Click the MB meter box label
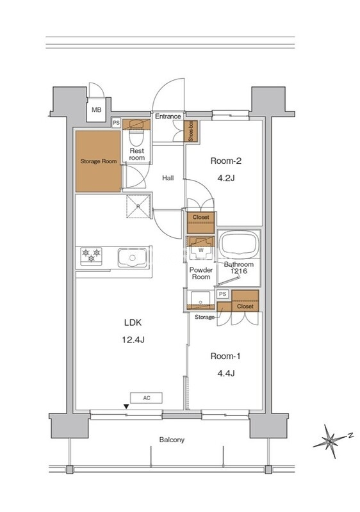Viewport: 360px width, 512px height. click(96, 109)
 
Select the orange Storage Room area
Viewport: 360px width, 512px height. click(98, 161)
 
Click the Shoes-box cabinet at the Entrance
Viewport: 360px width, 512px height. click(191, 131)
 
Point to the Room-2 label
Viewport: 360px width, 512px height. click(225, 161)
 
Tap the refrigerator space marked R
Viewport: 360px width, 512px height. click(138, 206)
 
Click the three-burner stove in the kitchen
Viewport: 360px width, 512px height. click(91, 255)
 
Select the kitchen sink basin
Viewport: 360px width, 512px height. click(131, 258)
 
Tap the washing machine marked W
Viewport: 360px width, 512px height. click(200, 250)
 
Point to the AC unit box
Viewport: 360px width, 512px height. click(146, 398)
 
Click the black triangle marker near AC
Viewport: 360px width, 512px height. click(126, 406)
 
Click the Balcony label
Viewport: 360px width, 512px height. click(172, 440)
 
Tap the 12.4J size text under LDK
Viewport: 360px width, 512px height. click(133, 340)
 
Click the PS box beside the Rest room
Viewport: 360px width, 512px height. click(116, 123)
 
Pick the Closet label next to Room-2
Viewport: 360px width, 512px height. click(201, 217)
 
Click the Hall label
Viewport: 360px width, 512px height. click(168, 178)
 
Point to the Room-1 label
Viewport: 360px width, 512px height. click(225, 356)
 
